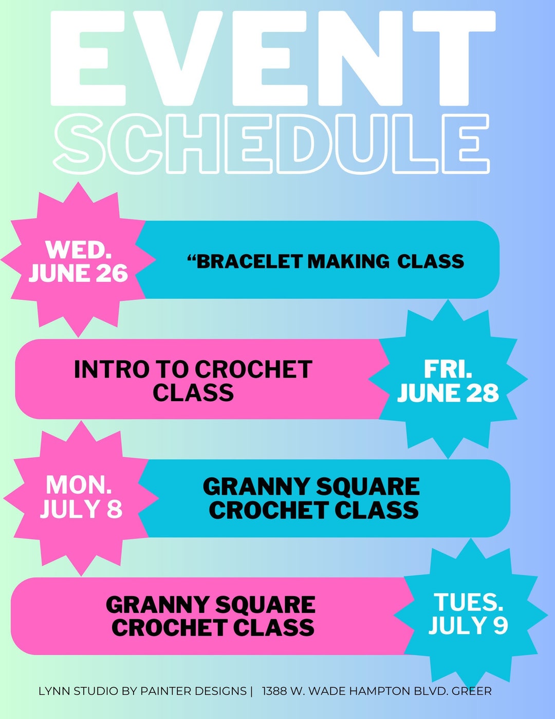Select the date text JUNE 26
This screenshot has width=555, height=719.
click(x=78, y=273)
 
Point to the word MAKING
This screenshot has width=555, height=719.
click(x=348, y=261)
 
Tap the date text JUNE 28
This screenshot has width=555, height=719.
click(x=448, y=393)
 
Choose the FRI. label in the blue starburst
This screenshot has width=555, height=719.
click(x=448, y=369)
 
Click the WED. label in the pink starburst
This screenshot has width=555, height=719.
click(x=78, y=250)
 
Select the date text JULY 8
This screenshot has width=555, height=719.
click(x=81, y=509)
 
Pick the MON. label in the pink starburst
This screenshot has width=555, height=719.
click(x=78, y=485)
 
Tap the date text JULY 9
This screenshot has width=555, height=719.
click(x=468, y=626)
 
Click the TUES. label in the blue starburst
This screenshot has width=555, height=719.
click(x=468, y=602)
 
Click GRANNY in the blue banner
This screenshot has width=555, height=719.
click(x=256, y=487)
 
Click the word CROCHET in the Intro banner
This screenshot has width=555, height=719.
click(x=253, y=369)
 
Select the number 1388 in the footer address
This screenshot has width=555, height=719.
click(x=274, y=691)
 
